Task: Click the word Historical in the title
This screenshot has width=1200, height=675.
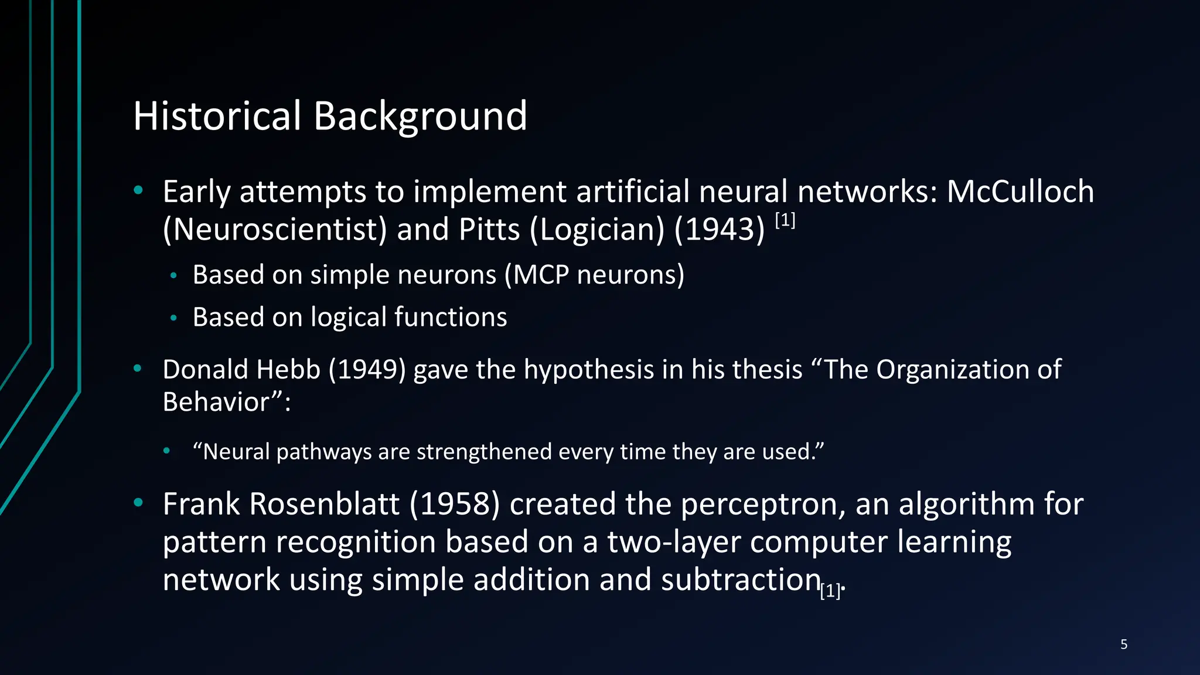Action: (217, 115)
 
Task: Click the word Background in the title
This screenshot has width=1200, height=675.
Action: (420, 117)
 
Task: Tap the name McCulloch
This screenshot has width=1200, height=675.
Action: (1020, 192)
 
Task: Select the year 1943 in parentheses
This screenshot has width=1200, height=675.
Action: (720, 229)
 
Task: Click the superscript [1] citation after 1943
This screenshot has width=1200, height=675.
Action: (785, 220)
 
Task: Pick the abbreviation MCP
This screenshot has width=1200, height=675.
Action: (541, 275)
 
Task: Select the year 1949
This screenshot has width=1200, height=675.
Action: (367, 370)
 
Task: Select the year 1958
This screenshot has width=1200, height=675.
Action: (455, 504)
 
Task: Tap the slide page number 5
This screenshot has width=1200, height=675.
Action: (1124, 645)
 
